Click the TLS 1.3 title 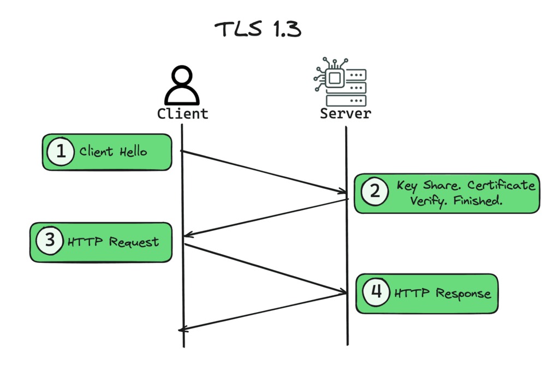[258, 29]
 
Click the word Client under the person [182, 114]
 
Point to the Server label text [345, 114]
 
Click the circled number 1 [61, 151]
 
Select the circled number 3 [50, 241]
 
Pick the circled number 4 [376, 292]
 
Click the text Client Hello [114, 151]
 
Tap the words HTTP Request [113, 241]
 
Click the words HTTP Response [443, 294]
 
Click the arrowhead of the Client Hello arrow [343, 192]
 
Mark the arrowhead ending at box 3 [187, 235]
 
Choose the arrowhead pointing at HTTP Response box [343, 292]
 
